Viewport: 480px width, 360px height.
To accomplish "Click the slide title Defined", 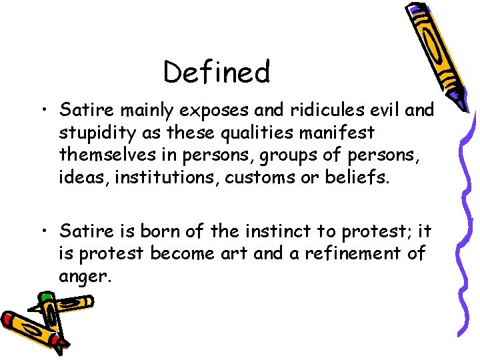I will click(217, 72).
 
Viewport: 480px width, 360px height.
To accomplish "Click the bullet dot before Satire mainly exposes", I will click(45, 110).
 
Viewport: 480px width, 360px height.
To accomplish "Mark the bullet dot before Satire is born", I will click(45, 232).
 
